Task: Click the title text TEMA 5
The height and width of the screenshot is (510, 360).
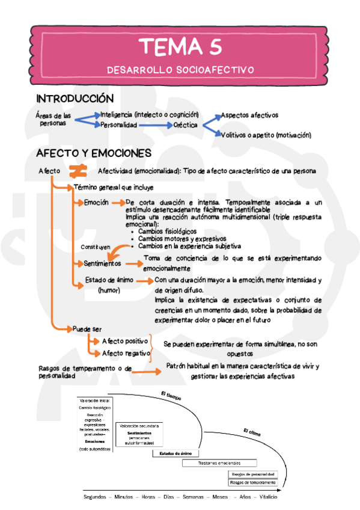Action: pos(180,47)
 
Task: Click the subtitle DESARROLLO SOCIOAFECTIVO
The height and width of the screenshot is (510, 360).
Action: pos(180,70)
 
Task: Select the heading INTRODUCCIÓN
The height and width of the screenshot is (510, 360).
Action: pos(75,98)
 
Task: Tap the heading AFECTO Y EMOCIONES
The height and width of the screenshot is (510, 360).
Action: pos(93,153)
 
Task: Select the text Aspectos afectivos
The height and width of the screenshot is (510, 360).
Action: pos(249,114)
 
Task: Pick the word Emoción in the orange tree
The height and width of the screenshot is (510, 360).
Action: pos(96,202)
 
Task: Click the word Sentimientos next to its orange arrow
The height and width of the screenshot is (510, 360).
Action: pos(102,263)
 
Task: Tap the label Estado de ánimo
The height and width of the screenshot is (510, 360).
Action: pos(109,280)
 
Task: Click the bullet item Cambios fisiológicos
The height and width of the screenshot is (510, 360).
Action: pos(167,231)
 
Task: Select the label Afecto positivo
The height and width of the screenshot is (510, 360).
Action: pos(124,342)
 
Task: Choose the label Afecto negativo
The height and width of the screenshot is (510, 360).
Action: pos(125,353)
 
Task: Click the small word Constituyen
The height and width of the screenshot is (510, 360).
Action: pos(96,247)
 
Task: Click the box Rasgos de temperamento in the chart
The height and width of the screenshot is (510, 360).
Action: pos(252,482)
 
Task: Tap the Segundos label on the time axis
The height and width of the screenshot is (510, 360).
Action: pos(96,497)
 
